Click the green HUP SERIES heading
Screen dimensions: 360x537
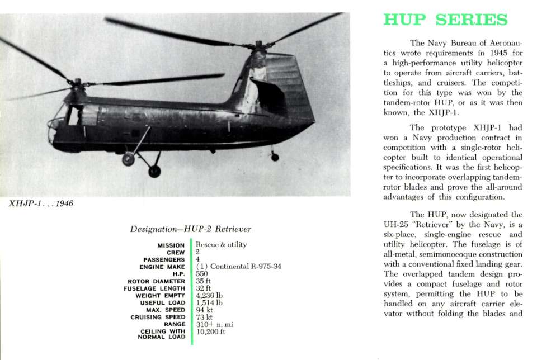pyautogui.click(x=445, y=20)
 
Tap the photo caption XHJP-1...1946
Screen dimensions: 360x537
pyautogui.click(x=41, y=203)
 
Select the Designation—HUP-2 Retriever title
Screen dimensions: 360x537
pyautogui.click(x=190, y=229)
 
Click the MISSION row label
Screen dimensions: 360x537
pyautogui.click(x=171, y=245)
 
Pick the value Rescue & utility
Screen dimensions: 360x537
pyautogui.click(x=221, y=245)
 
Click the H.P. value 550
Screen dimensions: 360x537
pyautogui.click(x=202, y=274)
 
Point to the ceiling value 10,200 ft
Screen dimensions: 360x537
pyautogui.click(x=211, y=331)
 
